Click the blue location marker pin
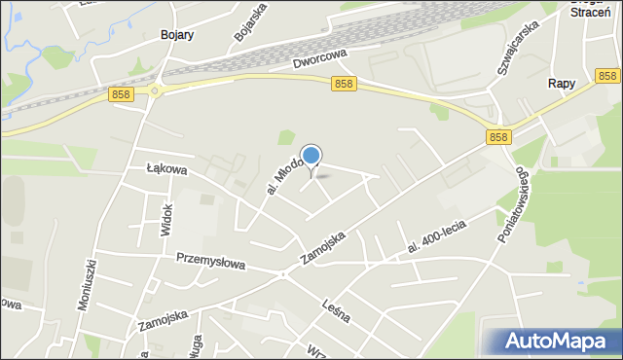coord(311,157)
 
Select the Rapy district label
coord(562,84)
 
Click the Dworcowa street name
coord(319,59)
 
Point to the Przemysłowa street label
coord(211,261)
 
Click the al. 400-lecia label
coord(437,237)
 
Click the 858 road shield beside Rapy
coord(608,75)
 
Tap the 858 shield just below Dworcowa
coord(343,85)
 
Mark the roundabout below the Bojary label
coord(155,91)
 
